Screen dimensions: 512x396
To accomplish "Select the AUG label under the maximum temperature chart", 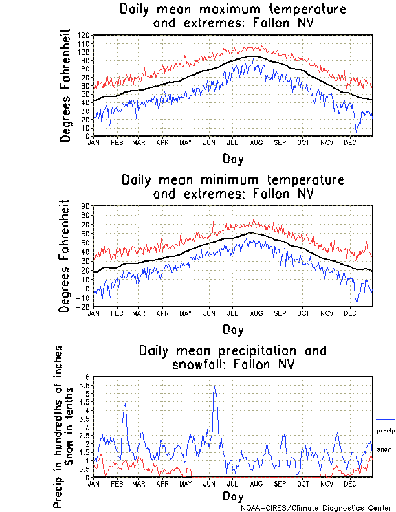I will pos(256,143).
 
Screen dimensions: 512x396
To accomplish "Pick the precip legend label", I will pos(386,430).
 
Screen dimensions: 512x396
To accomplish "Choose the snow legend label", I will pos(384,449).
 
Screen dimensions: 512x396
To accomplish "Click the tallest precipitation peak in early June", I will pos(215,386).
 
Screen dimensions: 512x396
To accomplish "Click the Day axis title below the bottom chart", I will pos(232,496).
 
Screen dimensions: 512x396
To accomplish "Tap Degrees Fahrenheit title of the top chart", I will pos(65,85).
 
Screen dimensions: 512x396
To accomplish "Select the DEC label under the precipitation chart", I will pos(350,484).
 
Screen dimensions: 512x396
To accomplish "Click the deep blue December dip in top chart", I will pos(356,129).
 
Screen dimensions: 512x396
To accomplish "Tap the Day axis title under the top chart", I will pos(232,159).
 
